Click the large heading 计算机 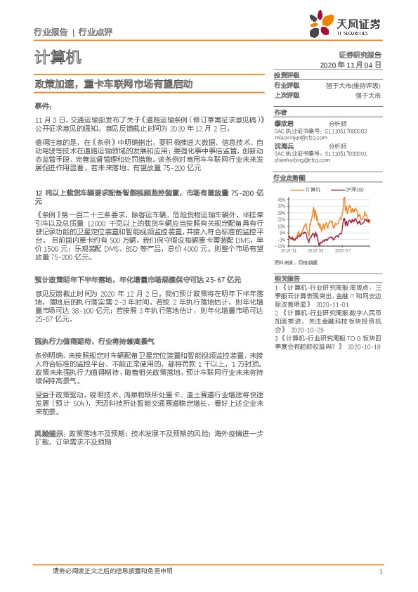[57, 56]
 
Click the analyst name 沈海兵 [283, 145]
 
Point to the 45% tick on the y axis [281, 200]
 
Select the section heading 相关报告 [287, 278]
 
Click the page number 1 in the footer [380, 572]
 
